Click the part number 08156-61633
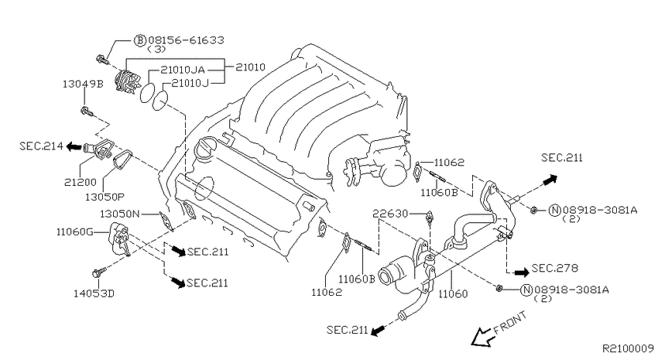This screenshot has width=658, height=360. [x=186, y=40]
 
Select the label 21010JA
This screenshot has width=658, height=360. [x=183, y=70]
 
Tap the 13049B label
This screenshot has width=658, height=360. [x=83, y=84]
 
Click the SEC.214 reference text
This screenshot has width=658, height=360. [x=41, y=146]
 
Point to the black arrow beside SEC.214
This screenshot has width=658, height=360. [x=74, y=146]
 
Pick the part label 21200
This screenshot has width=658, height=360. [x=81, y=182]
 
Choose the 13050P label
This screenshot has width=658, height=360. [x=105, y=197]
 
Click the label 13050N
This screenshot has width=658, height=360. [x=119, y=214]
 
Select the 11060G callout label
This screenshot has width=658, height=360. [x=74, y=231]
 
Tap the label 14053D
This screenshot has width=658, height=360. [x=94, y=293]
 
